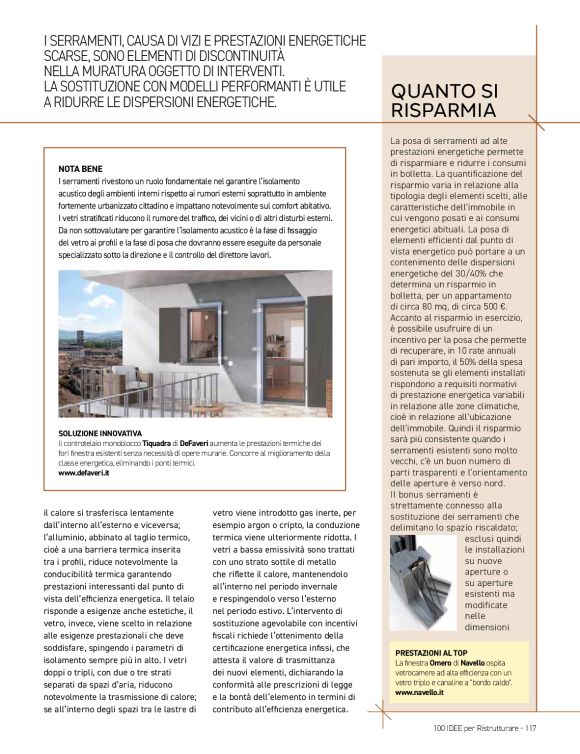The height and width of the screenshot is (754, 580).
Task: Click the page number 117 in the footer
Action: [533, 727]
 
